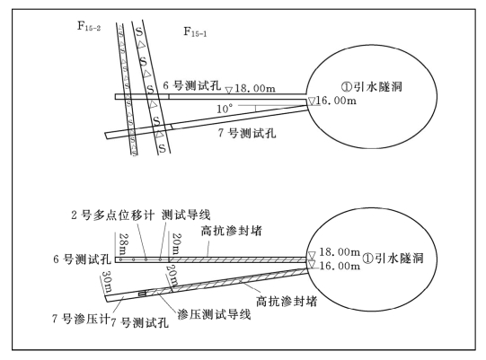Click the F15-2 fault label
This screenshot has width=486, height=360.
pos(89,26)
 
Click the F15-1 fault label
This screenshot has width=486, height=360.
pos(195,31)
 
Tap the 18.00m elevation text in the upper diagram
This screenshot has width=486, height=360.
pos(255,89)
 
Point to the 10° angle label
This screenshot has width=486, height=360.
pos(225,109)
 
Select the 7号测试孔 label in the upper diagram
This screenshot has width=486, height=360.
pos(247,133)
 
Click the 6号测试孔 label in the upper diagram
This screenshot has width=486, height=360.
pos(192,85)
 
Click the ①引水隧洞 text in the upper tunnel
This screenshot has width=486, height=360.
pos(371,86)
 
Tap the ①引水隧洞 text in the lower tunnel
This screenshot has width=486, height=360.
pos(393,258)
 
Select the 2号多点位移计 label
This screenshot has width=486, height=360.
pos(113,215)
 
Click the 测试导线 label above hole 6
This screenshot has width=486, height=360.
pos(186,215)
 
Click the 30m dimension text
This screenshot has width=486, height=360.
pos(107,281)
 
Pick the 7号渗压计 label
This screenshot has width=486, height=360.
pos(81,319)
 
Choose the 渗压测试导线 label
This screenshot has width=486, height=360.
pos(214,314)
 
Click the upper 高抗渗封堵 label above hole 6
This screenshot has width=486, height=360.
pos(231,231)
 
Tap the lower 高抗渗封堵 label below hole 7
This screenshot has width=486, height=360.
pos(287,301)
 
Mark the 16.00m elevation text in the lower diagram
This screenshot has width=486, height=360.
pos(340,266)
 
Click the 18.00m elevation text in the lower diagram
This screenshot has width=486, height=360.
pos(340,252)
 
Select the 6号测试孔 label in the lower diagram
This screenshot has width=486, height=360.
pos(82,259)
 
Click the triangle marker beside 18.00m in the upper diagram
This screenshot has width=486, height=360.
pos(229,90)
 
